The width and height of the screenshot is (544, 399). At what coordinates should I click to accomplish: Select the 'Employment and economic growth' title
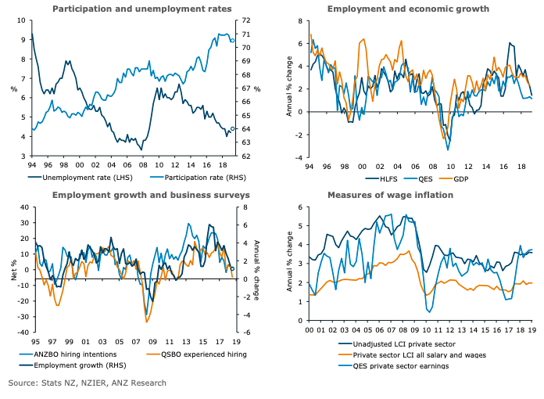[408, 9]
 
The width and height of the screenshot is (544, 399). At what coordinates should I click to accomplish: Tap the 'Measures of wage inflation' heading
[390, 195]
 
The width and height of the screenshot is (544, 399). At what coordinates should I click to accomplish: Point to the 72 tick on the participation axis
[244, 20]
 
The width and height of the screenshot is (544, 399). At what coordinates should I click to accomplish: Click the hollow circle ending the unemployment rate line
[233, 129]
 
